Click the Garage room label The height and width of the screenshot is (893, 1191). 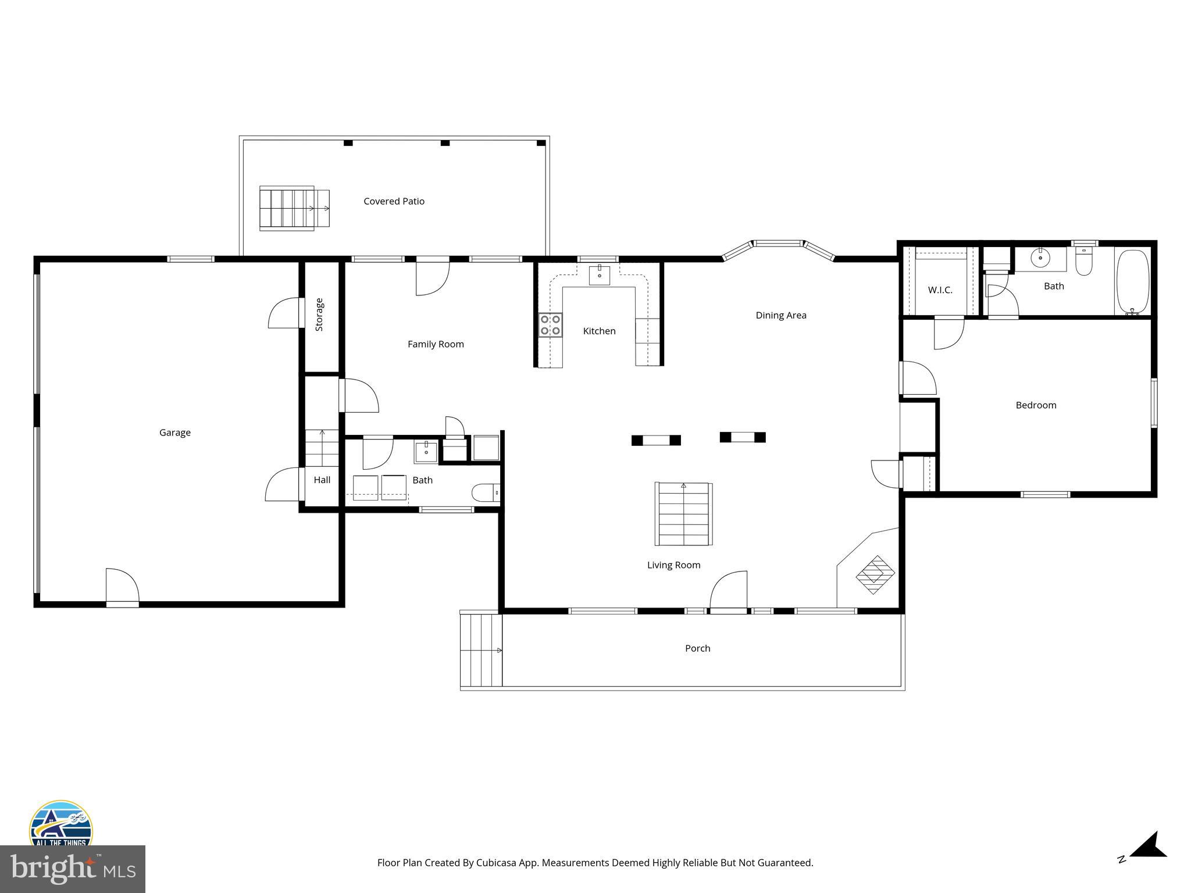click(174, 433)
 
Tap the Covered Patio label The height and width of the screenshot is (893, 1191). click(394, 201)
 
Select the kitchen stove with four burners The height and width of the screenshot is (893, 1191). click(550, 325)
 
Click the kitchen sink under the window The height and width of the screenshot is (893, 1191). click(599, 275)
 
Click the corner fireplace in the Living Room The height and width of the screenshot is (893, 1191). click(874, 574)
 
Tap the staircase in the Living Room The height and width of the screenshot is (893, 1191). click(683, 514)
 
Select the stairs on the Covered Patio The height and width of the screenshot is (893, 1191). click(294, 208)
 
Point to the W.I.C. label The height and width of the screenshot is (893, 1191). click(940, 290)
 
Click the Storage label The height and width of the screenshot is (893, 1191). click(319, 315)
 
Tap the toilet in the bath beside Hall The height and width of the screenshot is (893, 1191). click(485, 493)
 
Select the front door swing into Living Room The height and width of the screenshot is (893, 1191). click(729, 590)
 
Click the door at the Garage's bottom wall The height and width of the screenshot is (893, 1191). click(122, 588)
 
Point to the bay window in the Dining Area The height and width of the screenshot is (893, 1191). click(778, 245)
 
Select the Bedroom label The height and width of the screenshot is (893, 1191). click(1035, 405)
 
